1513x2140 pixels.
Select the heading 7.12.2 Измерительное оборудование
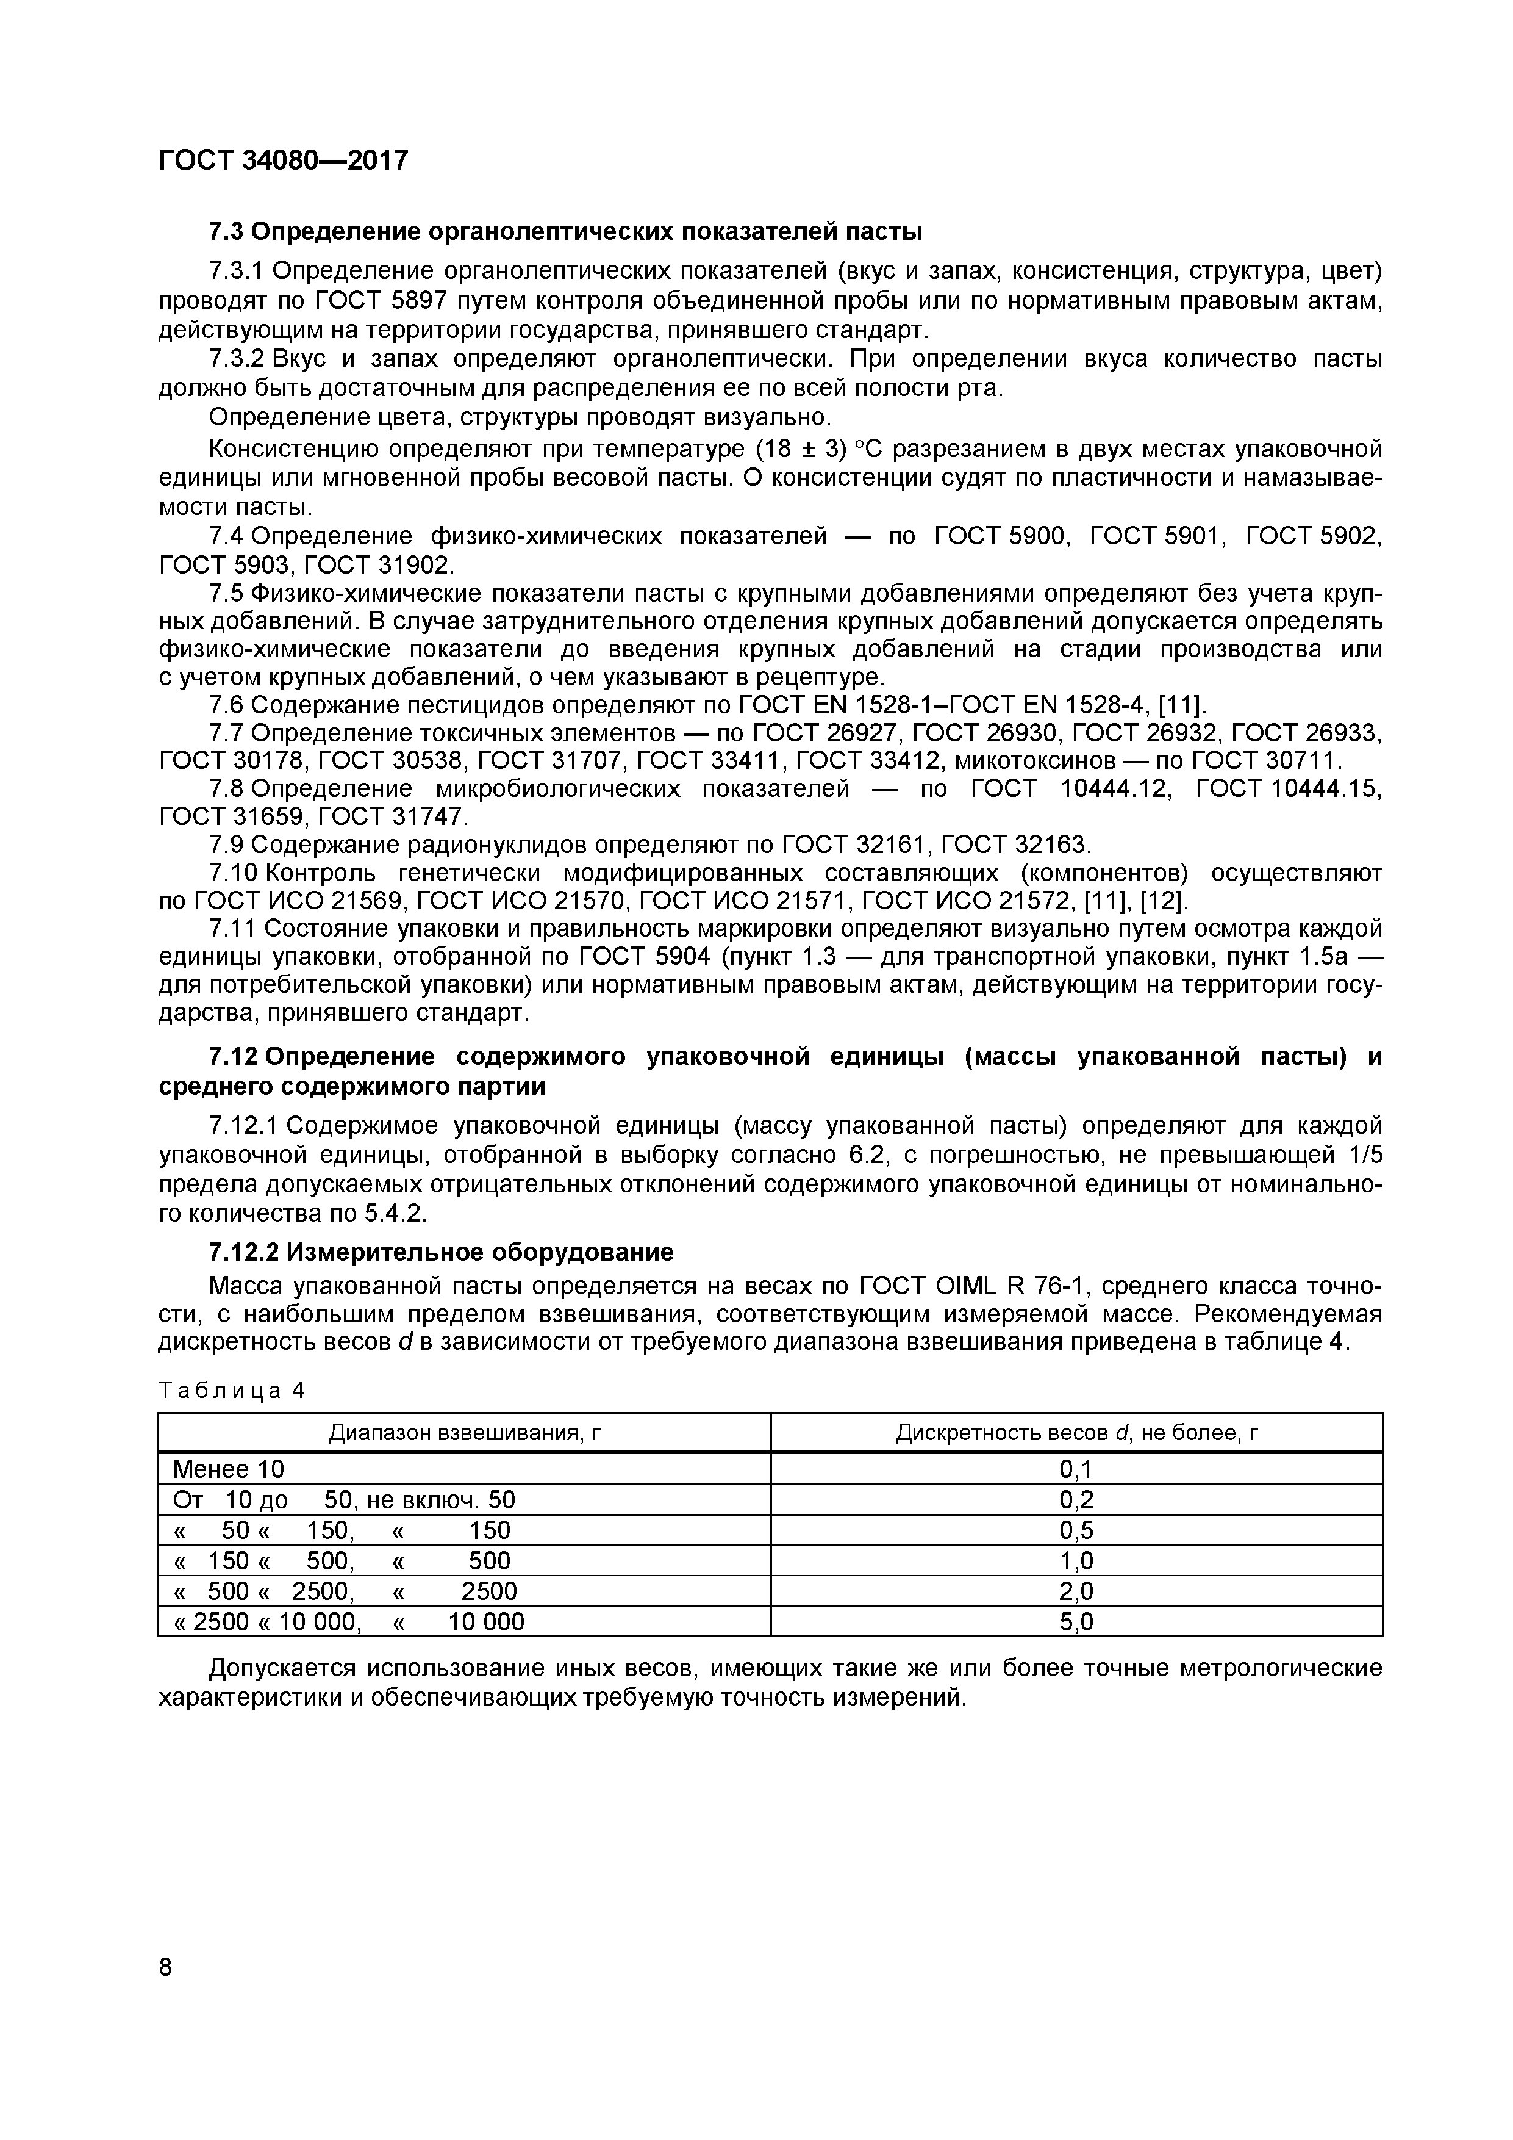pos(440,1252)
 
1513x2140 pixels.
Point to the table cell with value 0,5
pos(1076,1530)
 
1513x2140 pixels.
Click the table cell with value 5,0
pos(1076,1622)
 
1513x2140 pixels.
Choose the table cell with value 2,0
pos(1076,1591)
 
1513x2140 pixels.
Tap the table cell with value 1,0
pos(1076,1561)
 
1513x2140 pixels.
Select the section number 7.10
pos(234,873)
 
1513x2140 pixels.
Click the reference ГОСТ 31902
pos(378,565)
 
